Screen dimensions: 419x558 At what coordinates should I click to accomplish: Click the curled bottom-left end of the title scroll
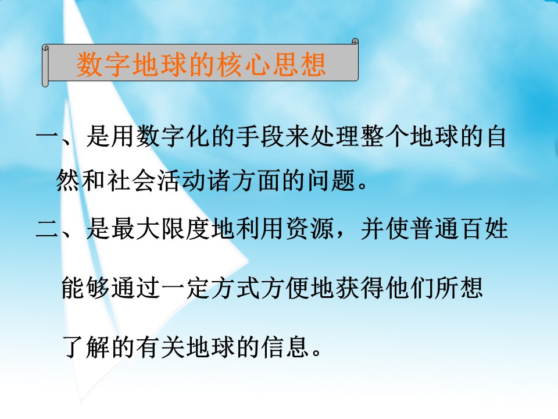tap(46, 82)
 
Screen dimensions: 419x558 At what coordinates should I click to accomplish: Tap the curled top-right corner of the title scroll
tap(355, 42)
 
